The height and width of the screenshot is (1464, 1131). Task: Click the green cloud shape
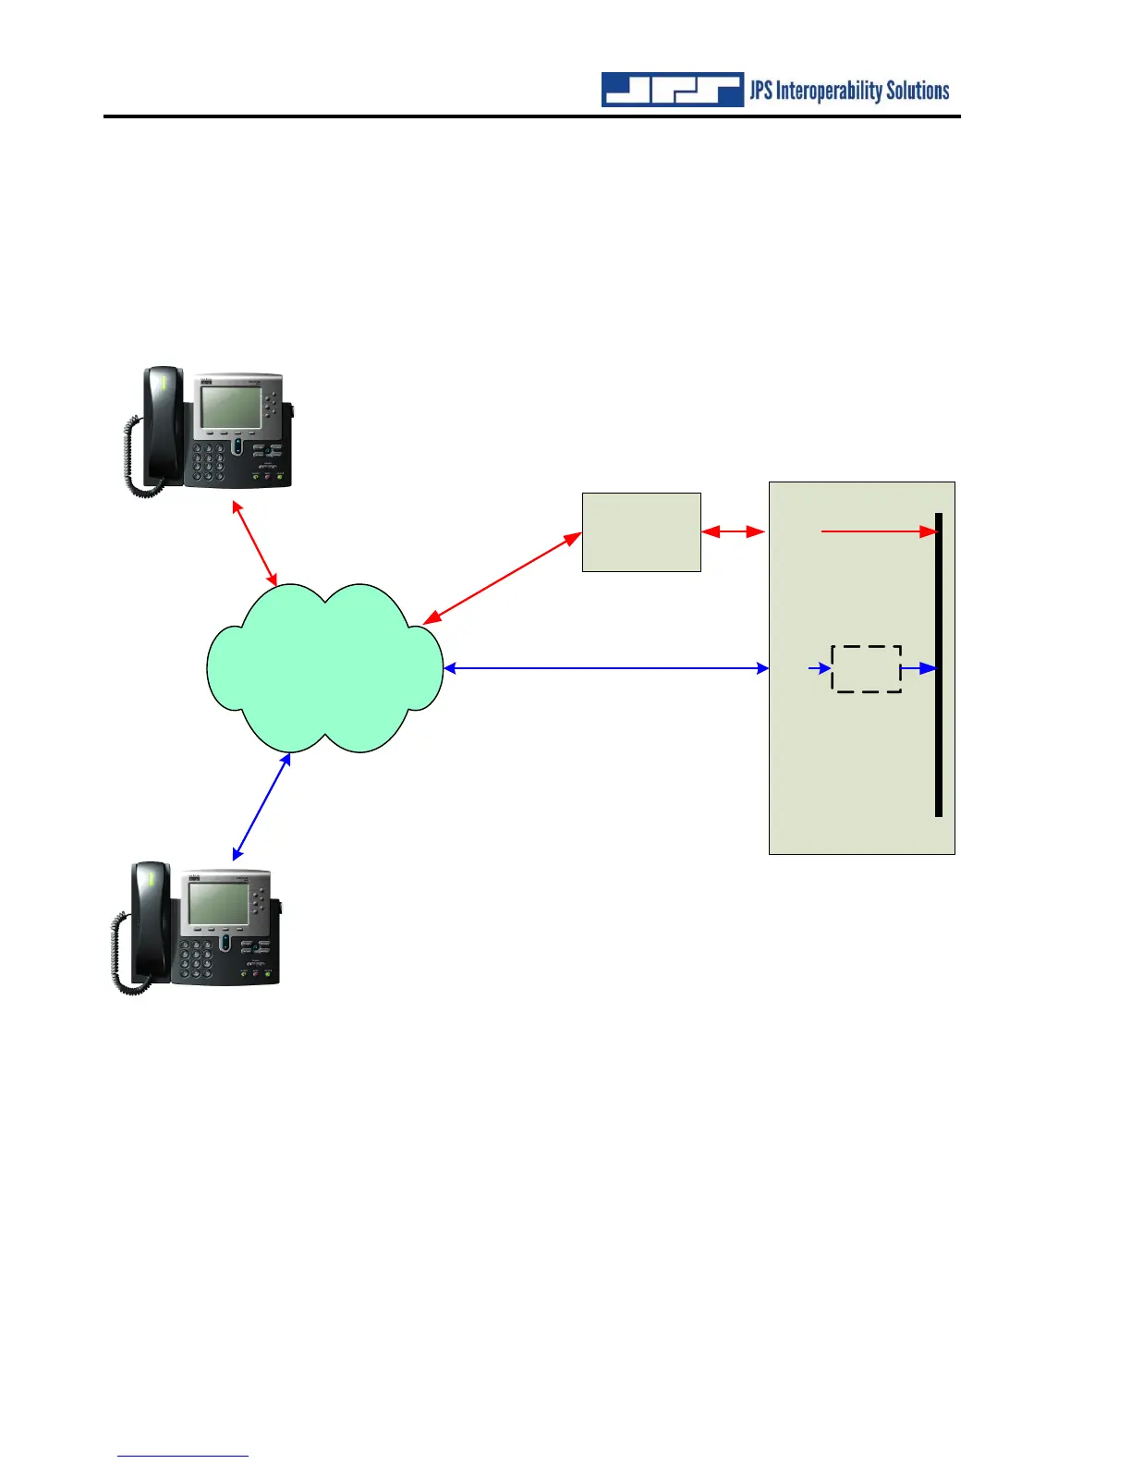point(323,667)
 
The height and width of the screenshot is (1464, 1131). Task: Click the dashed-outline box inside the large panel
point(867,668)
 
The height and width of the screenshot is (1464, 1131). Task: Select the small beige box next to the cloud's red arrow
point(641,532)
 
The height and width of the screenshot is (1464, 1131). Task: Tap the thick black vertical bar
point(939,665)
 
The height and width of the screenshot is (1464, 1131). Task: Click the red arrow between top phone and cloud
point(255,543)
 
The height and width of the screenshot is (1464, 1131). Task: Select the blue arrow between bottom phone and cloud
point(261,806)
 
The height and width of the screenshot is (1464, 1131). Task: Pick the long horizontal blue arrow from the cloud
point(606,667)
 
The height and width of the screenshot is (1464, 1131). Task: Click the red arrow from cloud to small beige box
point(503,578)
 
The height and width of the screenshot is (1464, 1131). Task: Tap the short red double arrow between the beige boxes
point(734,531)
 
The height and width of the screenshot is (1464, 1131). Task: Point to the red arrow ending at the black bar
point(878,531)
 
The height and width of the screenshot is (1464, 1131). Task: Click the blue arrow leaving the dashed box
point(918,667)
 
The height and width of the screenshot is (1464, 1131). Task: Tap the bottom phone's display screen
point(218,901)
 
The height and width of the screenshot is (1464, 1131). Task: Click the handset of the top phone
point(161,425)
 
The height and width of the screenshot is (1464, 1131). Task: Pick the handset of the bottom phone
point(150,920)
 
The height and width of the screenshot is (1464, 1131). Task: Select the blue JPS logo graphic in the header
point(673,90)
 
